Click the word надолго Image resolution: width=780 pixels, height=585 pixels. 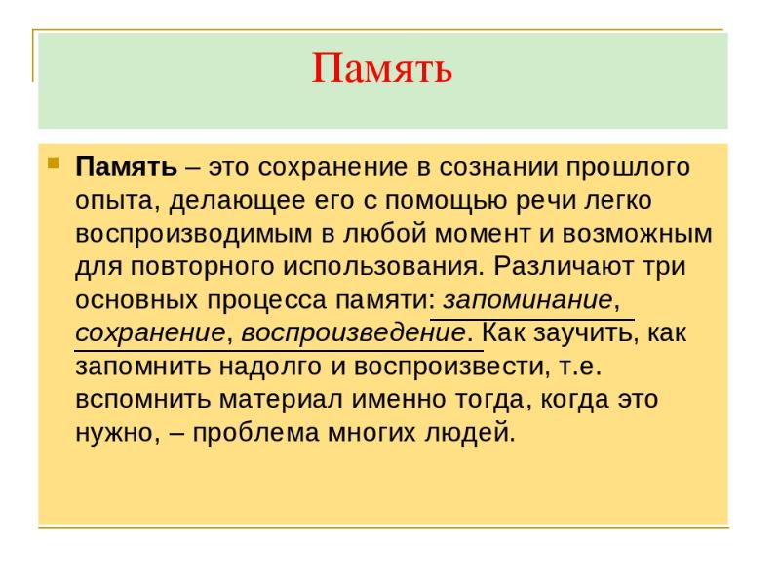256,366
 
